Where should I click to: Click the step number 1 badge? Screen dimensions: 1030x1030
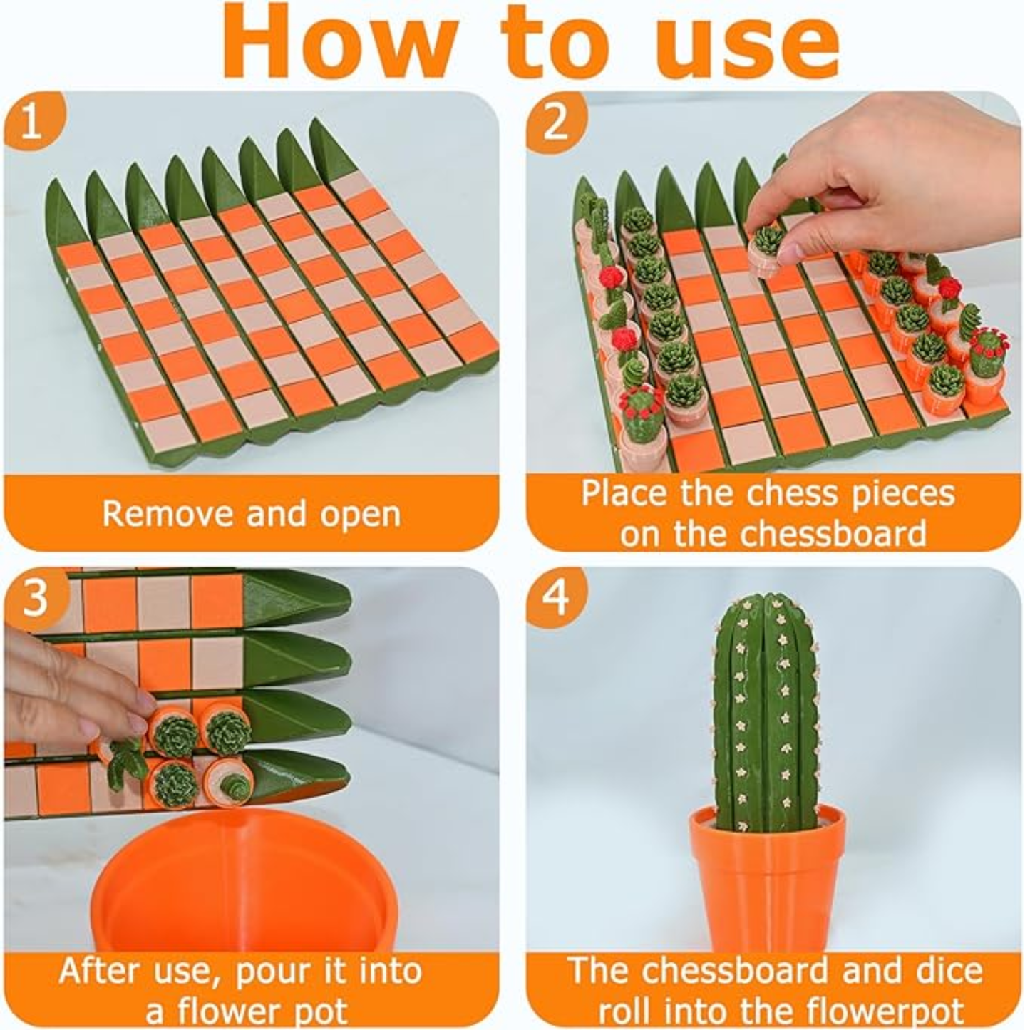tap(32, 121)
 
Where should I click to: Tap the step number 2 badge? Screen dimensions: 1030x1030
tap(555, 121)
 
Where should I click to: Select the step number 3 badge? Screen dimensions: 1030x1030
tap(34, 597)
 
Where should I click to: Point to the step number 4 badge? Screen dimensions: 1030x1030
tap(555, 597)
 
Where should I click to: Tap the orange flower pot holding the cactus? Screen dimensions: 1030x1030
tap(768, 884)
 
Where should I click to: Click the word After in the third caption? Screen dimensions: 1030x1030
tap(100, 971)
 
